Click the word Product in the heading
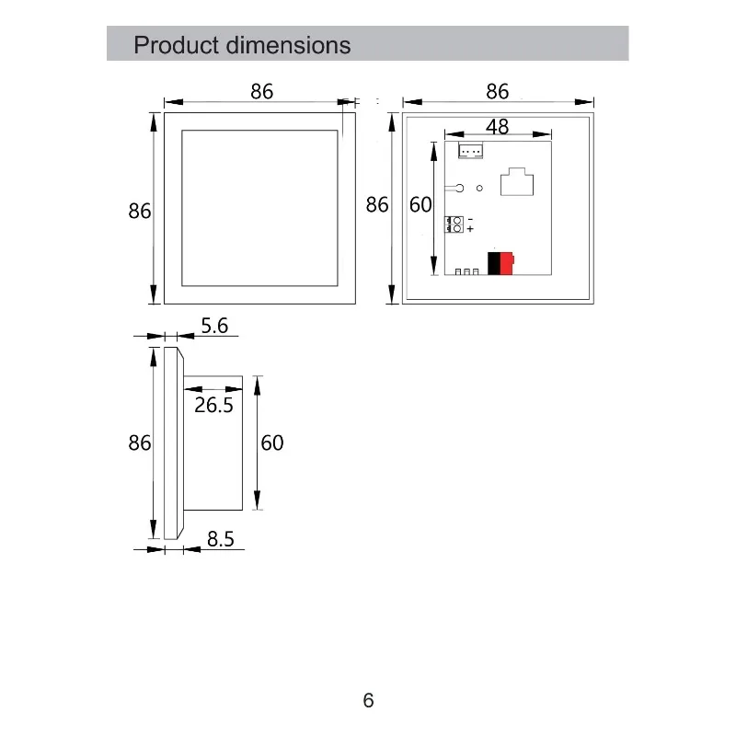[177, 45]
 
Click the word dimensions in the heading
[288, 45]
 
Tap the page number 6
[369, 700]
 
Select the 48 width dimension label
[497, 126]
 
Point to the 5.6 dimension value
[214, 326]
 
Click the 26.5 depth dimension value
[213, 405]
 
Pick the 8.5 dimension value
[221, 539]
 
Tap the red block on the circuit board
[507, 263]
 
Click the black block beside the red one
[494, 263]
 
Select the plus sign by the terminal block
[470, 229]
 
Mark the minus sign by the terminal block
[470, 220]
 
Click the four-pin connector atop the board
[470, 151]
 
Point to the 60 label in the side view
[272, 443]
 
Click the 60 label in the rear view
[420, 204]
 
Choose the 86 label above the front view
[261, 91]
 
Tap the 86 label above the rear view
[497, 91]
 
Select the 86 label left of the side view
[140, 443]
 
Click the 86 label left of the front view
[140, 211]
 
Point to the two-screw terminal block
[454, 224]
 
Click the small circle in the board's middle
[479, 189]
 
